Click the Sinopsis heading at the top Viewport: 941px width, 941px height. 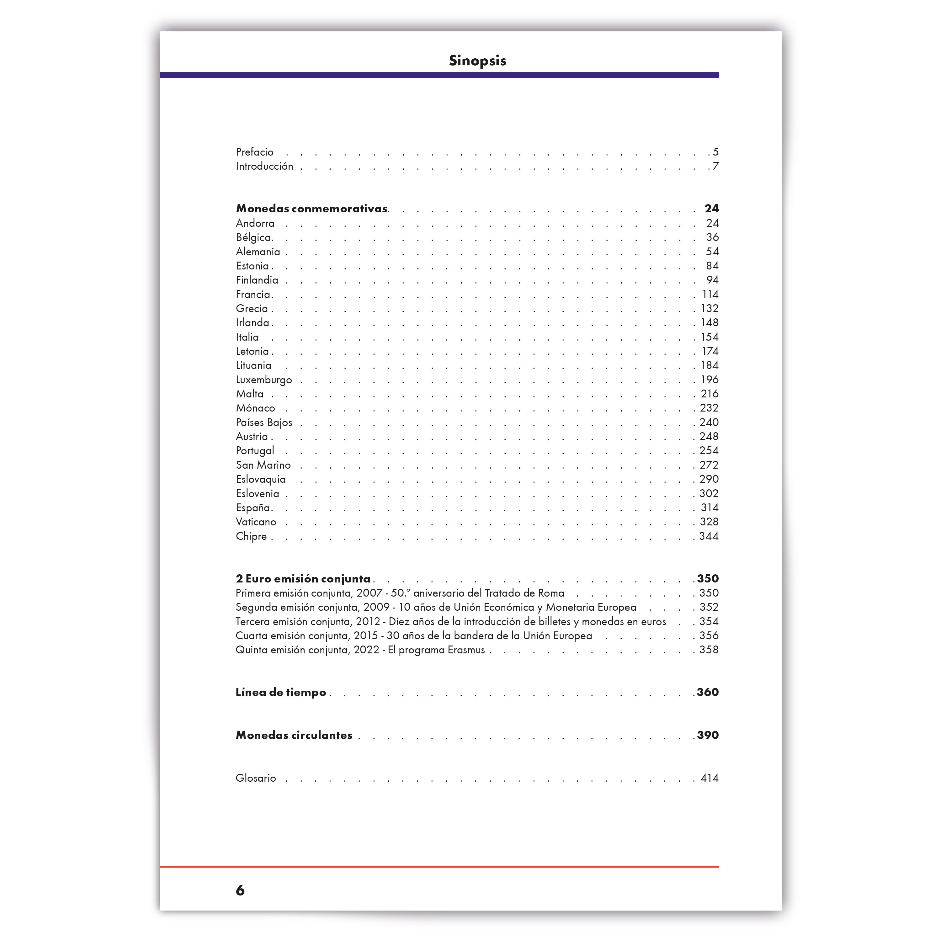pyautogui.click(x=477, y=61)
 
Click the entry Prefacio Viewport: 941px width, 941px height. pyautogui.click(x=254, y=152)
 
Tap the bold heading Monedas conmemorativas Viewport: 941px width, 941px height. pyautogui.click(x=312, y=209)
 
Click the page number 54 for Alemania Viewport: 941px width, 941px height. pyautogui.click(x=712, y=252)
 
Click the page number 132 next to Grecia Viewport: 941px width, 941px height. pyautogui.click(x=709, y=308)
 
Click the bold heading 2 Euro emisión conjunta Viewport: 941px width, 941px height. pyautogui.click(x=303, y=579)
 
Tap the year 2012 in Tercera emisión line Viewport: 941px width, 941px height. pyautogui.click(x=368, y=621)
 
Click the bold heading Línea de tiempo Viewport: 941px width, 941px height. pyautogui.click(x=280, y=692)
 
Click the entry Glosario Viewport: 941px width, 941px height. pyautogui.click(x=256, y=778)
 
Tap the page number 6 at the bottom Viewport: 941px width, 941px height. pyautogui.click(x=240, y=891)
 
